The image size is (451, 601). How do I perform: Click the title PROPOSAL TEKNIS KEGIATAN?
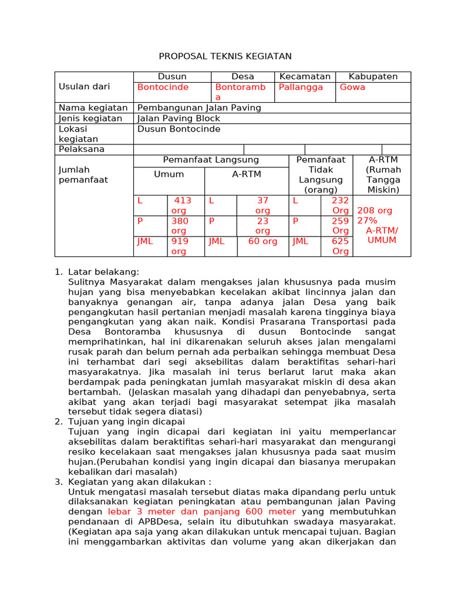pos(225,56)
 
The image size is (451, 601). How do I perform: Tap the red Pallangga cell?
pos(301,87)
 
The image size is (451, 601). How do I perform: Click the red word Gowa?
pos(352,87)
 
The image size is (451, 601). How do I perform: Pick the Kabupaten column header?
pos(373,77)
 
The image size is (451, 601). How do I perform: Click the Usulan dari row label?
pos(84,87)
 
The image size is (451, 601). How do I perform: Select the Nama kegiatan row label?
pos(93,108)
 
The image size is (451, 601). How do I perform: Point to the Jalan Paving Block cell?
pos(178,119)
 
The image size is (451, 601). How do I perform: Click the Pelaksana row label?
pos(82,149)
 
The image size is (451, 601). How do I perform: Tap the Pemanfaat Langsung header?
pos(211,160)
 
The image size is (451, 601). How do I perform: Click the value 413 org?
pos(181,205)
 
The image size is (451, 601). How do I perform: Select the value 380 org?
pos(180,226)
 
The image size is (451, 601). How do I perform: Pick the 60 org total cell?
pos(262,241)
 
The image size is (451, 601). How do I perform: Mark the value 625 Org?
pos(341,246)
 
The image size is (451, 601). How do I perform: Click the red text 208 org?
pos(375,211)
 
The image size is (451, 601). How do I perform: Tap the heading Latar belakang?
pos(104,272)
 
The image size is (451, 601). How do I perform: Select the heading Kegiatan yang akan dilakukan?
pos(140,482)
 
